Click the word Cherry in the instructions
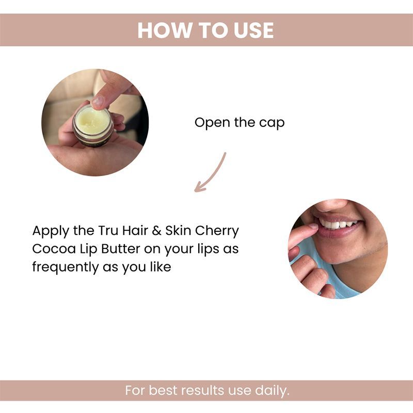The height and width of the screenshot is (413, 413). [217, 231]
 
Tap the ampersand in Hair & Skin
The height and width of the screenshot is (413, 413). [156, 231]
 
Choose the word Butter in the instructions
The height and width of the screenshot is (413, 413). [121, 249]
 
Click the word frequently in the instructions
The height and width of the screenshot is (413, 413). [66, 267]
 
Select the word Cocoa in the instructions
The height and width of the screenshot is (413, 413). [54, 249]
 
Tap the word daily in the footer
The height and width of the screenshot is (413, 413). [272, 391]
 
